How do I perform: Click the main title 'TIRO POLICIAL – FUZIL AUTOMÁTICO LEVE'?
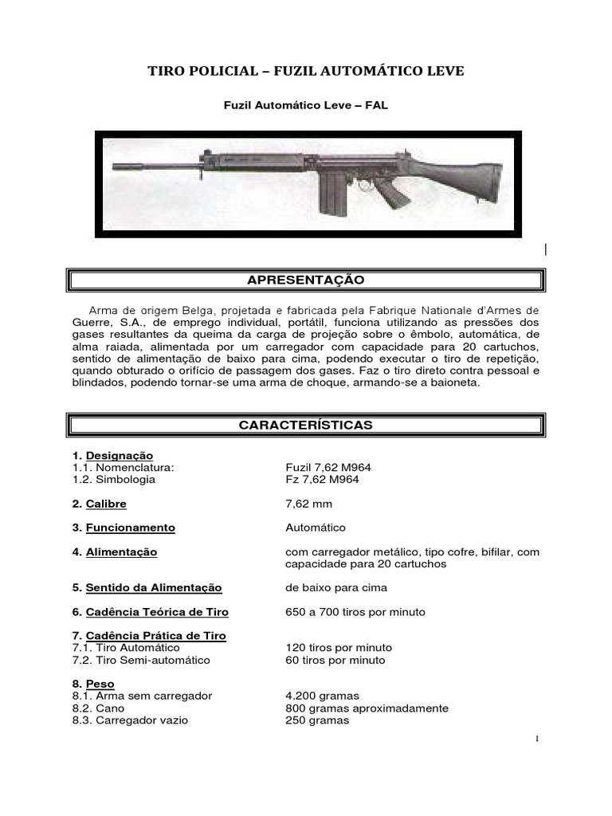coord(305,73)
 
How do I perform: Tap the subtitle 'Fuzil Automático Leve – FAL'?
coord(305,105)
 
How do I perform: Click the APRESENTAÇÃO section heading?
coord(307,280)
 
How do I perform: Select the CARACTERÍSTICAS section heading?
coord(307,425)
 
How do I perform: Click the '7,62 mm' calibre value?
coord(308,504)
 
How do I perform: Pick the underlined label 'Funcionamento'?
coord(130,528)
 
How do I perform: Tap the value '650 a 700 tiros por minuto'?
coord(355,612)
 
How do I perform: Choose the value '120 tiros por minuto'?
coord(338,648)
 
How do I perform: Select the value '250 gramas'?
coord(316,720)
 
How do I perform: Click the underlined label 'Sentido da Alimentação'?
coord(154,588)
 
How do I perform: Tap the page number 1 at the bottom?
coord(539,739)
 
